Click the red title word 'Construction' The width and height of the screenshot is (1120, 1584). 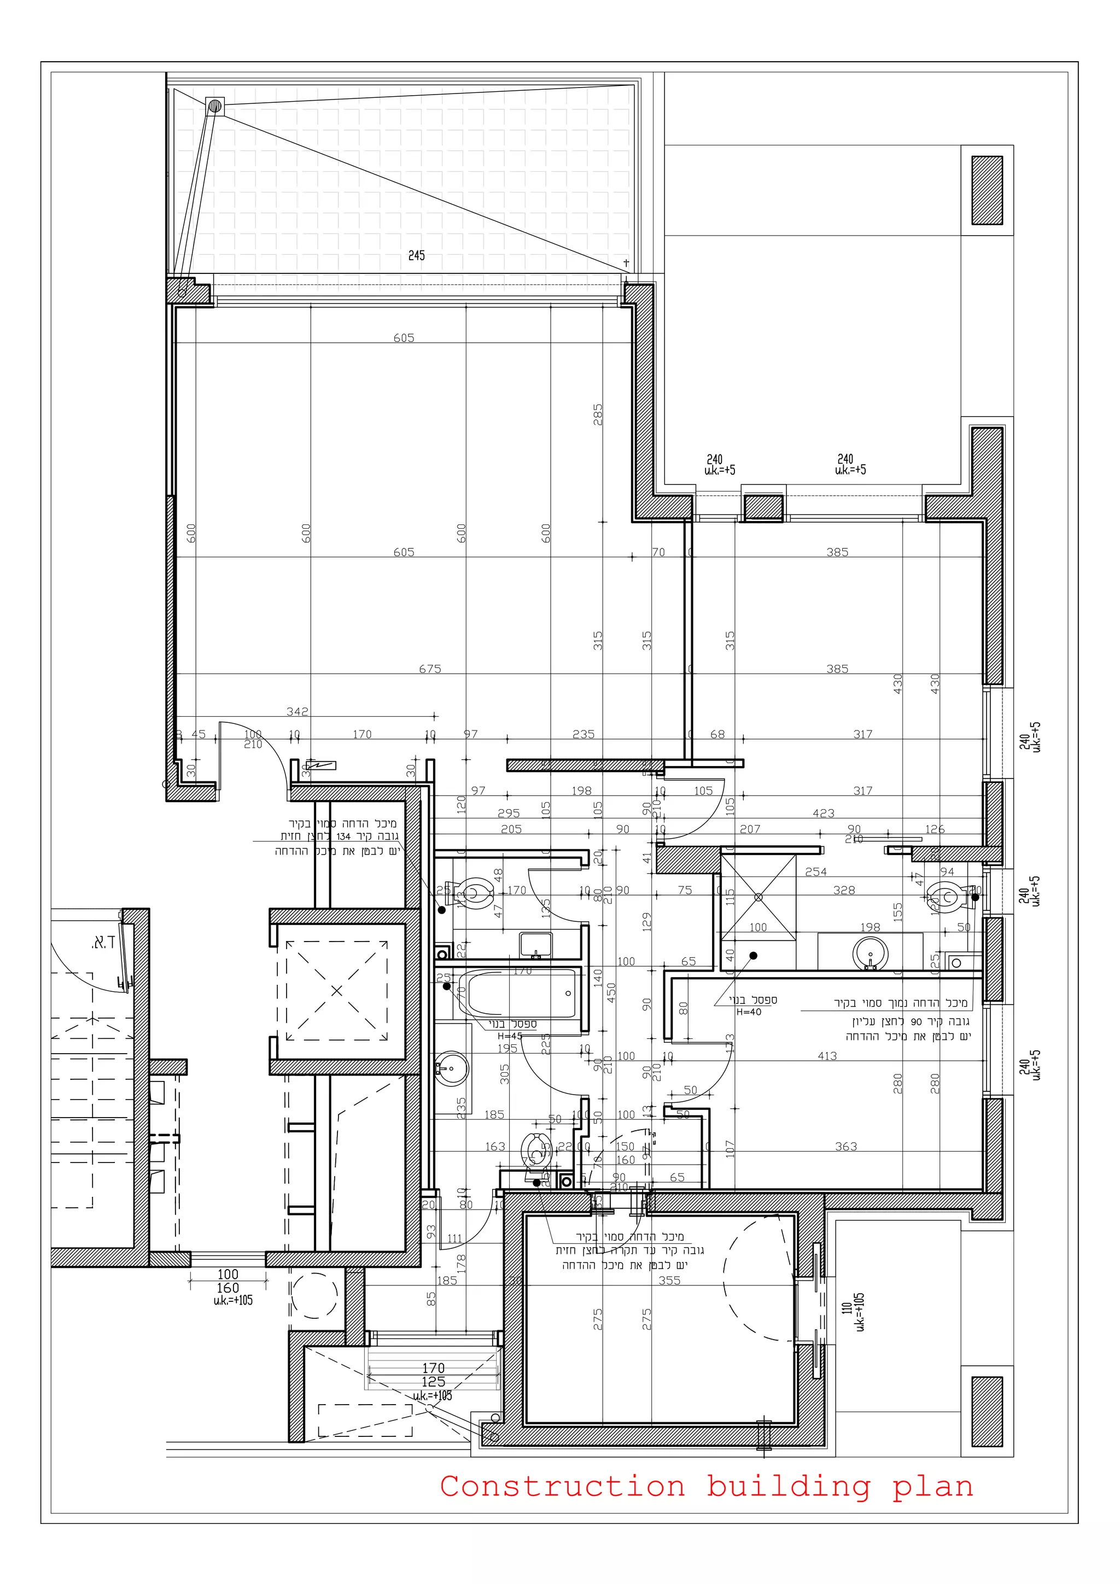[562, 1486]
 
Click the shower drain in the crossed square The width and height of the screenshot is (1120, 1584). [759, 897]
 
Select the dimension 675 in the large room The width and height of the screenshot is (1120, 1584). [430, 669]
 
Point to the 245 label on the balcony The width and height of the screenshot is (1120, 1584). [416, 255]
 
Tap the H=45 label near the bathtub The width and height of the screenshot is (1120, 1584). [510, 1036]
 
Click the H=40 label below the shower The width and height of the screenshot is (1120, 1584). [749, 1012]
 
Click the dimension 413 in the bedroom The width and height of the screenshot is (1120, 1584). [827, 1055]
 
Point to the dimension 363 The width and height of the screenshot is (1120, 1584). [846, 1146]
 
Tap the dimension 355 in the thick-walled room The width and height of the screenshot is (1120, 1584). [669, 1280]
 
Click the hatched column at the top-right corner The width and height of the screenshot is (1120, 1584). [987, 190]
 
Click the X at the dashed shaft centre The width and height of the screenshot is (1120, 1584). [337, 991]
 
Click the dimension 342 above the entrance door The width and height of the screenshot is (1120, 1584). [297, 711]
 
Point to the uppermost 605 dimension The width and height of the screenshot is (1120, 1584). [404, 337]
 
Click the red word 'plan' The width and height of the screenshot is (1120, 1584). [933, 1486]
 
